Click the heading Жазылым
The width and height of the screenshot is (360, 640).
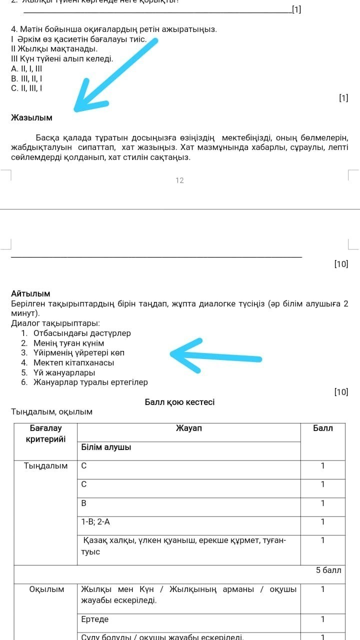point(31,118)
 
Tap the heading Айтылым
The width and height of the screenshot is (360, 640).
point(30,294)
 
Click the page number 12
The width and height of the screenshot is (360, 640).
point(180,180)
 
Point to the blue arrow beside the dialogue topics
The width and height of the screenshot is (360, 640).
point(215,355)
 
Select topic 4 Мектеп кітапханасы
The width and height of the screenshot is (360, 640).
point(73,363)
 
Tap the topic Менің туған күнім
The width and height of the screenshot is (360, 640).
point(68,343)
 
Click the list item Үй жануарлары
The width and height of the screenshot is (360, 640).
point(64,372)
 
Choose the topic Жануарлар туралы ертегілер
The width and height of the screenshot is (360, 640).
point(90,382)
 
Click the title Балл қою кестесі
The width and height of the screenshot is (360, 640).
point(179,402)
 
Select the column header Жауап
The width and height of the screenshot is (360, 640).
point(189,428)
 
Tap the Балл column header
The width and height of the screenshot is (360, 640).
point(322,428)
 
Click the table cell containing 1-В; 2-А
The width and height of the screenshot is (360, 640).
point(96,521)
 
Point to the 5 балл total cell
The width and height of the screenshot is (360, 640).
point(328,570)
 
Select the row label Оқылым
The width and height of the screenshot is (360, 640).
point(46,589)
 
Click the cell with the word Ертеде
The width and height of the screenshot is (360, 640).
point(95,619)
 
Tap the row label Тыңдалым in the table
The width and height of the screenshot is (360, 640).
point(46,466)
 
